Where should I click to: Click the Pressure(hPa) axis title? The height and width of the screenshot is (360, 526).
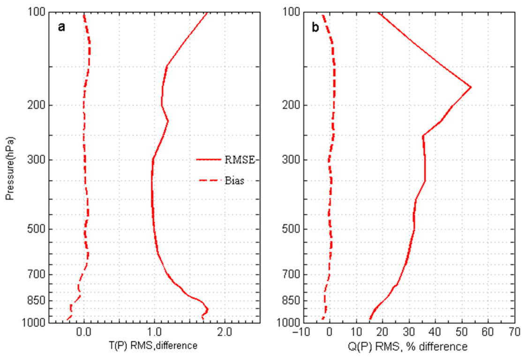point(11,169)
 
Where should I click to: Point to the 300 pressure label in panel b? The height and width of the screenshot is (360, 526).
point(292,160)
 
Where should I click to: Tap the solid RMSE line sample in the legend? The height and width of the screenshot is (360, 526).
point(208,160)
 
